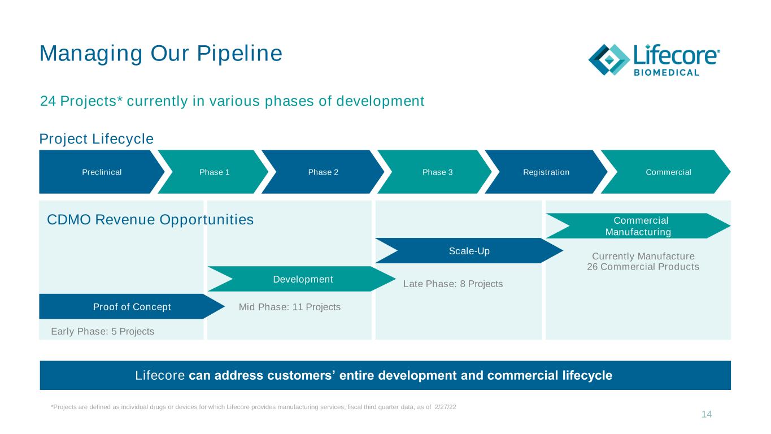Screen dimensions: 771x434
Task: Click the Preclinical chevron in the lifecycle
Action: coord(102,172)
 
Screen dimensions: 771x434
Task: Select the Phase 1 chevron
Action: coord(214,172)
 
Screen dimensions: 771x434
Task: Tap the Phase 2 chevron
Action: coord(323,172)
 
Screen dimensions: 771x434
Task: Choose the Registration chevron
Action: coord(546,172)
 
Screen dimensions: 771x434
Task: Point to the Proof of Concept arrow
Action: coord(132,306)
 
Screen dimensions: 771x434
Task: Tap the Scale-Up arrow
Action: coord(469,251)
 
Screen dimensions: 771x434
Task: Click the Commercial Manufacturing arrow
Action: coord(638,226)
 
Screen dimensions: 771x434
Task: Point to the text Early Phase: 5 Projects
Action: coord(103,331)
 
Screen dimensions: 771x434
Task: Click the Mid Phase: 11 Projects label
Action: coord(290,307)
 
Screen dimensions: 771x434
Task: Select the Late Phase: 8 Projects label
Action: coord(453,284)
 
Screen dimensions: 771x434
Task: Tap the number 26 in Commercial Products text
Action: coord(593,267)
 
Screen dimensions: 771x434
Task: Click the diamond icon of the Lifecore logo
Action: coord(609,59)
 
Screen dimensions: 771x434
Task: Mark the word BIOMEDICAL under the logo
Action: coord(667,72)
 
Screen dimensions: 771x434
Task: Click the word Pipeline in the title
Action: coord(239,54)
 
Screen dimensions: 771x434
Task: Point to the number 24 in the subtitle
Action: coord(48,101)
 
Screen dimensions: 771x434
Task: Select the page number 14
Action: coord(707,414)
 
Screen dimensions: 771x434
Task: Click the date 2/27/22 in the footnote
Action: coord(446,407)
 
